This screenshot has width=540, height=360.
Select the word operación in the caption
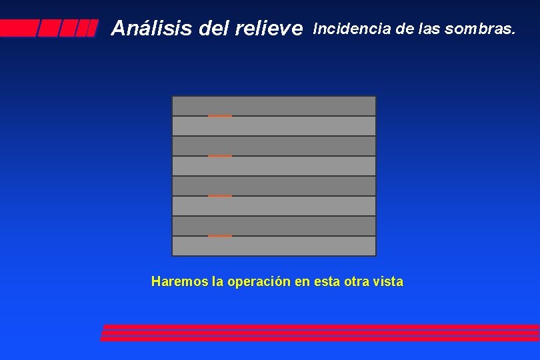point(258,282)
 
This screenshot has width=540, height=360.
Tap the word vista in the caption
point(387,281)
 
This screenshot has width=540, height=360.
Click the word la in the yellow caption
point(217,281)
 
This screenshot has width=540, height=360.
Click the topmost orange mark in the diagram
point(220,116)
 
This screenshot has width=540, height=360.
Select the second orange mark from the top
point(220,156)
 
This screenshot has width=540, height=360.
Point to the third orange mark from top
point(220,196)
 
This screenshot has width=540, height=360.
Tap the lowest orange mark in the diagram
point(220,236)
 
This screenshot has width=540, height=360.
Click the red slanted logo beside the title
point(49,28)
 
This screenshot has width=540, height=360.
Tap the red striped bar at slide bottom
point(320,333)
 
